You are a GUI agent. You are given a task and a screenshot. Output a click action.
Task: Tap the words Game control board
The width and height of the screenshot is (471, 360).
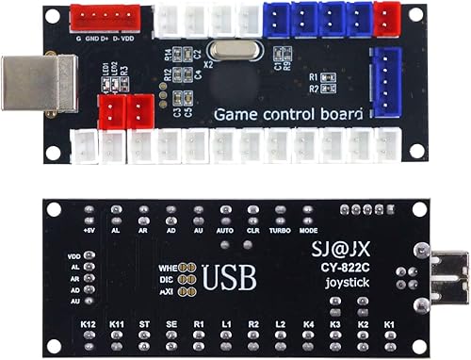tap(288, 114)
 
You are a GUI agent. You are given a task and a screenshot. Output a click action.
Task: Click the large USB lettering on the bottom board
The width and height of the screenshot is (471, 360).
tap(233, 278)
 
